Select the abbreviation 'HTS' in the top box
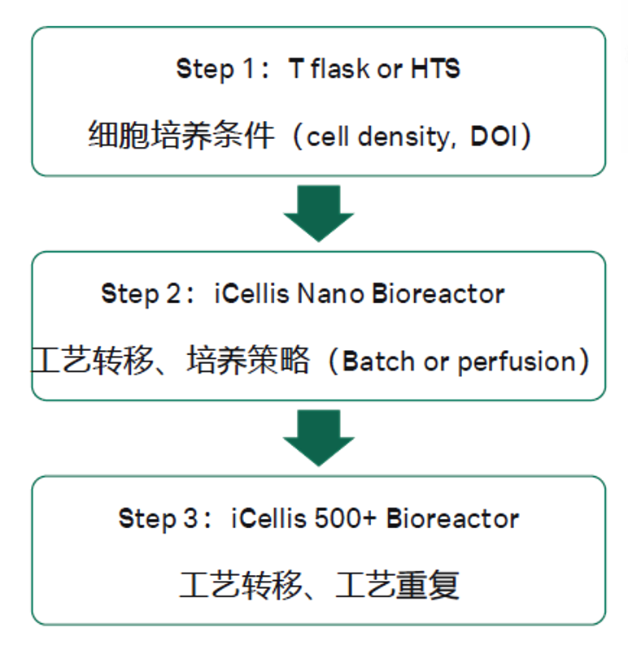[x=435, y=68]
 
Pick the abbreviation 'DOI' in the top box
[x=495, y=136]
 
